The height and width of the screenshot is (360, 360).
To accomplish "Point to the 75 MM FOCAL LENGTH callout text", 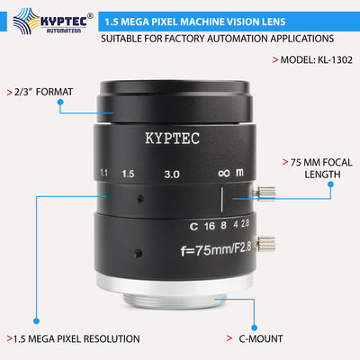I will pyautogui.click(x=310, y=168).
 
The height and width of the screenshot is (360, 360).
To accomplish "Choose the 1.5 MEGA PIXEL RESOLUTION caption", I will pyautogui.click(x=76, y=338).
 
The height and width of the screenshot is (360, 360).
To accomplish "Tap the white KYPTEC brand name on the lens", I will pyautogui.click(x=175, y=139).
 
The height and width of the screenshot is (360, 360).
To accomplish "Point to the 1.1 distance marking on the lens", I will pyautogui.click(x=105, y=171).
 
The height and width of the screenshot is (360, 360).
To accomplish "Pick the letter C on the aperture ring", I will pyautogui.click(x=193, y=227).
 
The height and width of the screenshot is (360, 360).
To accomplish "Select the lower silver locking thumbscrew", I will pyautogui.click(x=267, y=241).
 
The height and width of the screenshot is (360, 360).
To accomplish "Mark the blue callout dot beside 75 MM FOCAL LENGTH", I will pyautogui.click(x=330, y=184).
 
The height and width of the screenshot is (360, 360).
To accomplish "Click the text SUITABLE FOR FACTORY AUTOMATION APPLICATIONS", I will pyautogui.click(x=216, y=39).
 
